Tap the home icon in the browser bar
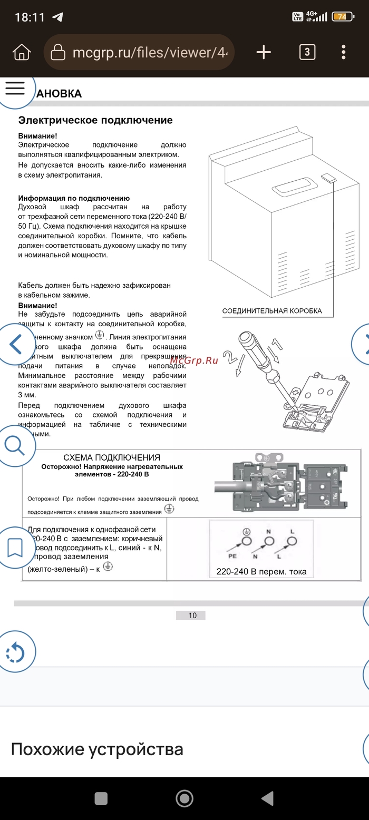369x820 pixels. tap(22, 52)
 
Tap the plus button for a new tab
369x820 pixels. tap(263, 52)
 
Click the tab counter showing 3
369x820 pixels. tap(307, 52)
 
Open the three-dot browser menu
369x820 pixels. tap(344, 52)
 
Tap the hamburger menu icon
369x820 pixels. tap(15, 88)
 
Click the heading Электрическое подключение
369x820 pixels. tap(95, 120)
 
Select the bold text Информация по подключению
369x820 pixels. tap(74, 198)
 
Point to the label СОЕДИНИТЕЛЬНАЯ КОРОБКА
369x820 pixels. tap(272, 311)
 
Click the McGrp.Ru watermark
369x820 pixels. tap(194, 360)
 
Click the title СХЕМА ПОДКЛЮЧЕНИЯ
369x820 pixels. tap(112, 457)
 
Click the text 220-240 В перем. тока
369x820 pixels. tap(261, 572)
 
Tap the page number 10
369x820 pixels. tap(192, 616)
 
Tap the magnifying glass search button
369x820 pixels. tap(14, 445)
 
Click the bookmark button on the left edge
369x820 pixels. tap(14, 548)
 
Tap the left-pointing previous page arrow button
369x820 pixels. tap(15, 344)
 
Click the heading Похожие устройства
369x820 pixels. tap(97, 749)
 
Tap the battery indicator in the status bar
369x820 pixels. tap(342, 16)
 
